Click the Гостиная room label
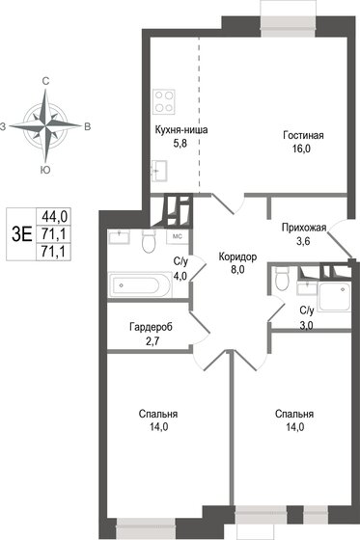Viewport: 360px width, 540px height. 303,135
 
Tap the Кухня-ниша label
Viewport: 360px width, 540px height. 181,129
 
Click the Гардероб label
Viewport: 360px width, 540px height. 151,327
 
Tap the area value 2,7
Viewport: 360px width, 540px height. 151,340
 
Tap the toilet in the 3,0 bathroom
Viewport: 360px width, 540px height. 281,280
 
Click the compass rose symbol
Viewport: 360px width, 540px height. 45,125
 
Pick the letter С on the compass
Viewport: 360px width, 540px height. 45,83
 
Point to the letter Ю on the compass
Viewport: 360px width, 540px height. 45,170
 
